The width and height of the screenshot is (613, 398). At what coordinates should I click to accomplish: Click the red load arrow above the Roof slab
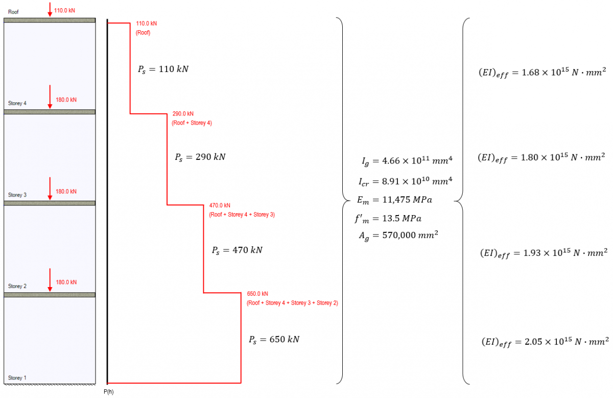50,10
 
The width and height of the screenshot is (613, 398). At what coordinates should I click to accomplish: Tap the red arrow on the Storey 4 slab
50,97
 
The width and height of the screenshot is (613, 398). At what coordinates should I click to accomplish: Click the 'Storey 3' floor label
17,195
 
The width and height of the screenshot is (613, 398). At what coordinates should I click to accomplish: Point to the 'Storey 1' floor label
17,378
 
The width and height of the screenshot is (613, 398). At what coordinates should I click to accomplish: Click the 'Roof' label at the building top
13,12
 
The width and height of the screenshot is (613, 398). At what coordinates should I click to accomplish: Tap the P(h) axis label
108,391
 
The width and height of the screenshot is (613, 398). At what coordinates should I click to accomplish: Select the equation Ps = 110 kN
163,69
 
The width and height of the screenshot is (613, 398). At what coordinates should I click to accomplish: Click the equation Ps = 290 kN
200,157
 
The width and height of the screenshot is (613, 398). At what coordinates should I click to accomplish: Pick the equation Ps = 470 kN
237,250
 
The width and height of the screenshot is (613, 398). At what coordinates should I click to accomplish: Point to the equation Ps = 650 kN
274,339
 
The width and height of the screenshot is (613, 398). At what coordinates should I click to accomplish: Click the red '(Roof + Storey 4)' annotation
192,123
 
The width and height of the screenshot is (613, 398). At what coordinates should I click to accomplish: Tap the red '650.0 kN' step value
257,294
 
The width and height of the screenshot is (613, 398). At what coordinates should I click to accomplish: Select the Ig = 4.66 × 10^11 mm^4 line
407,161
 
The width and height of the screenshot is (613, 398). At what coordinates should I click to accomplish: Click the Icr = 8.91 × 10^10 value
407,181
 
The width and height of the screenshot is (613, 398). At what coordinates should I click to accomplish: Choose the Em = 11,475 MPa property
395,200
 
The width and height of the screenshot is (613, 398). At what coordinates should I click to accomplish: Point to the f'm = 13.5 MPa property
388,218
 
